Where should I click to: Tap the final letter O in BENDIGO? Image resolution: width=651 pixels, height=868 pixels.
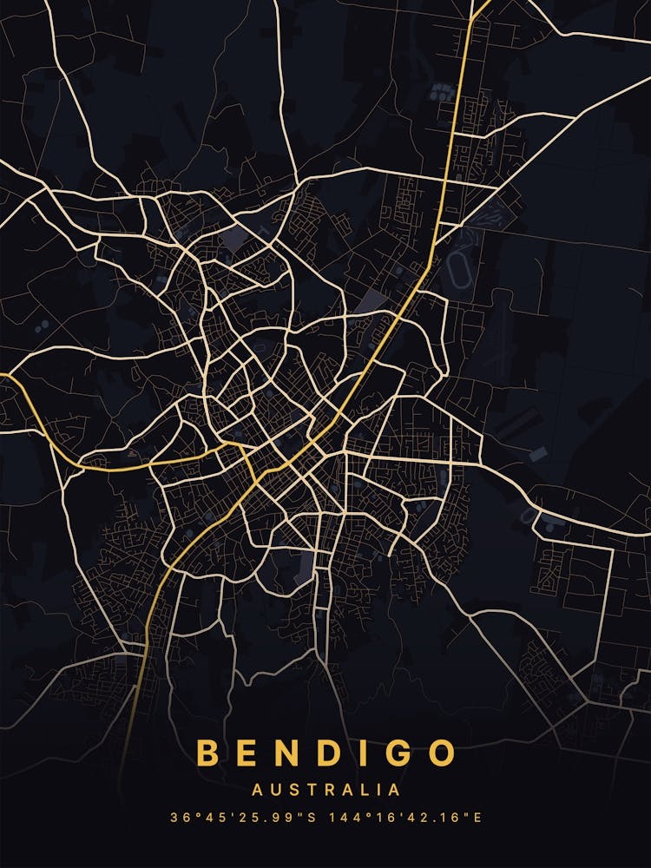[439, 753]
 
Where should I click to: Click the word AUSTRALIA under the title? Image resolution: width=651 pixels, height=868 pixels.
[325, 790]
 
